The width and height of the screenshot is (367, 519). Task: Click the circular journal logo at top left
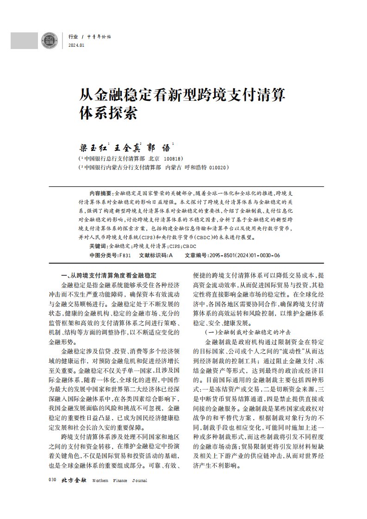tap(48, 40)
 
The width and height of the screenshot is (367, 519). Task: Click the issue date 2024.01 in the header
tap(76, 45)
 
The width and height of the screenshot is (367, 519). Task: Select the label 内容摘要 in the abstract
tap(100, 192)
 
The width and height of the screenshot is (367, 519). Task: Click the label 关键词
tap(98, 246)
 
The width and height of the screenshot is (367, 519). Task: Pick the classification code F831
tap(125, 255)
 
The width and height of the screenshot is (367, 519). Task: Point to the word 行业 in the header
tap(73, 37)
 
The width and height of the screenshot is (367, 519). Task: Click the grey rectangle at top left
tap(24, 40)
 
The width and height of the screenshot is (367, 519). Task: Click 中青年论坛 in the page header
tap(99, 37)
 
